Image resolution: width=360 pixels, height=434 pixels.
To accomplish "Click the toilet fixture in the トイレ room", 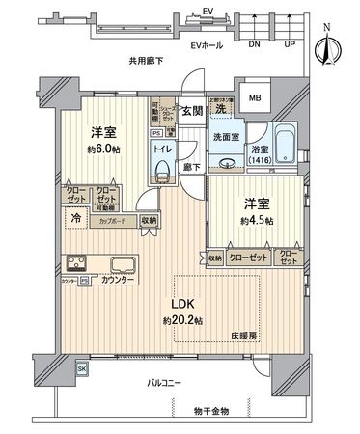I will tap(161, 171).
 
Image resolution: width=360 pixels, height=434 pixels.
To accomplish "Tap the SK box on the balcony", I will tap(82, 368).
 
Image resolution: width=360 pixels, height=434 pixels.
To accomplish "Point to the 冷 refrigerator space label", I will tap(76, 219).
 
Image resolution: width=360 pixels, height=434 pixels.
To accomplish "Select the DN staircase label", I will tap(254, 43).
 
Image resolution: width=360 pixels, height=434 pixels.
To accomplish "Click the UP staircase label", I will tap(290, 43).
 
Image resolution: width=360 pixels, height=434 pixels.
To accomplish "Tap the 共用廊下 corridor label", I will tap(145, 61).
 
